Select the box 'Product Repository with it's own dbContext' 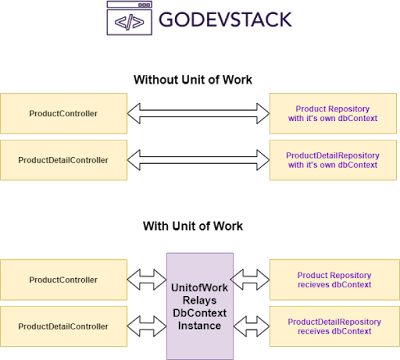(332, 113)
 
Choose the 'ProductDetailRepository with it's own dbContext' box (332, 159)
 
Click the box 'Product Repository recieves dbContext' (332, 279)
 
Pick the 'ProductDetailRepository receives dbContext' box (332, 326)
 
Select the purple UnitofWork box (199, 305)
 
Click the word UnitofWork (199, 288)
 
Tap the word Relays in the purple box (199, 300)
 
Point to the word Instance (199, 326)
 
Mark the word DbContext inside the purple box (199, 313)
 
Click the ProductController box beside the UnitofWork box (64, 279)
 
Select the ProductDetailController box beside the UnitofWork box (64, 326)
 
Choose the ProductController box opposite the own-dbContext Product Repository (64, 113)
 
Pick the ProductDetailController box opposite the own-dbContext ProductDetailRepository (64, 159)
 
